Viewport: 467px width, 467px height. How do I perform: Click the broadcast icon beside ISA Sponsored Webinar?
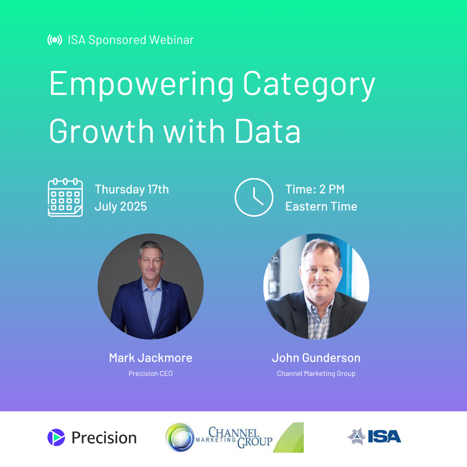[x=54, y=40]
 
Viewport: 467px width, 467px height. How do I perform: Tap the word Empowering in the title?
[x=141, y=85]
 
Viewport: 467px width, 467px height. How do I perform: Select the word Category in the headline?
[x=309, y=85]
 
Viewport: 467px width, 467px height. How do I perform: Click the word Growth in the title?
[x=102, y=131]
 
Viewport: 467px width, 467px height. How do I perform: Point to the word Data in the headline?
[x=268, y=131]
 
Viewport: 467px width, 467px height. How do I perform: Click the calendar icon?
[x=65, y=197]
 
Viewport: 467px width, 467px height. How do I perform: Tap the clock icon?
[x=254, y=197]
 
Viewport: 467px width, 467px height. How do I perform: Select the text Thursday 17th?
[x=132, y=189]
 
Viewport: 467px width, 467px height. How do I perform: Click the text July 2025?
[x=121, y=207]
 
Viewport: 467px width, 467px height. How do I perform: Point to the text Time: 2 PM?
[x=315, y=189]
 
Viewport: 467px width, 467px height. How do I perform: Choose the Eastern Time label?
[x=321, y=207]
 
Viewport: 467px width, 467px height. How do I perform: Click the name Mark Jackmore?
[x=151, y=358]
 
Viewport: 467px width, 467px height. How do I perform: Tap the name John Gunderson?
[x=316, y=358]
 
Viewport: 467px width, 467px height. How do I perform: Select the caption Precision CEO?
[x=151, y=374]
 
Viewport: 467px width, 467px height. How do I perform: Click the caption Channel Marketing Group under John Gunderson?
[x=316, y=374]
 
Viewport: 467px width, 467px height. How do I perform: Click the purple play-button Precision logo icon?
[x=56, y=437]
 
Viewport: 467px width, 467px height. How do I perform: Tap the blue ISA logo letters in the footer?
[x=384, y=437]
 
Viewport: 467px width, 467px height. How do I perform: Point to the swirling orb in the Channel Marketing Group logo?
[x=180, y=437]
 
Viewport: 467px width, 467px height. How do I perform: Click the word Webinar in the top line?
[x=172, y=40]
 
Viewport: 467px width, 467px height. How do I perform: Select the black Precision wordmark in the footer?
[x=104, y=438]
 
